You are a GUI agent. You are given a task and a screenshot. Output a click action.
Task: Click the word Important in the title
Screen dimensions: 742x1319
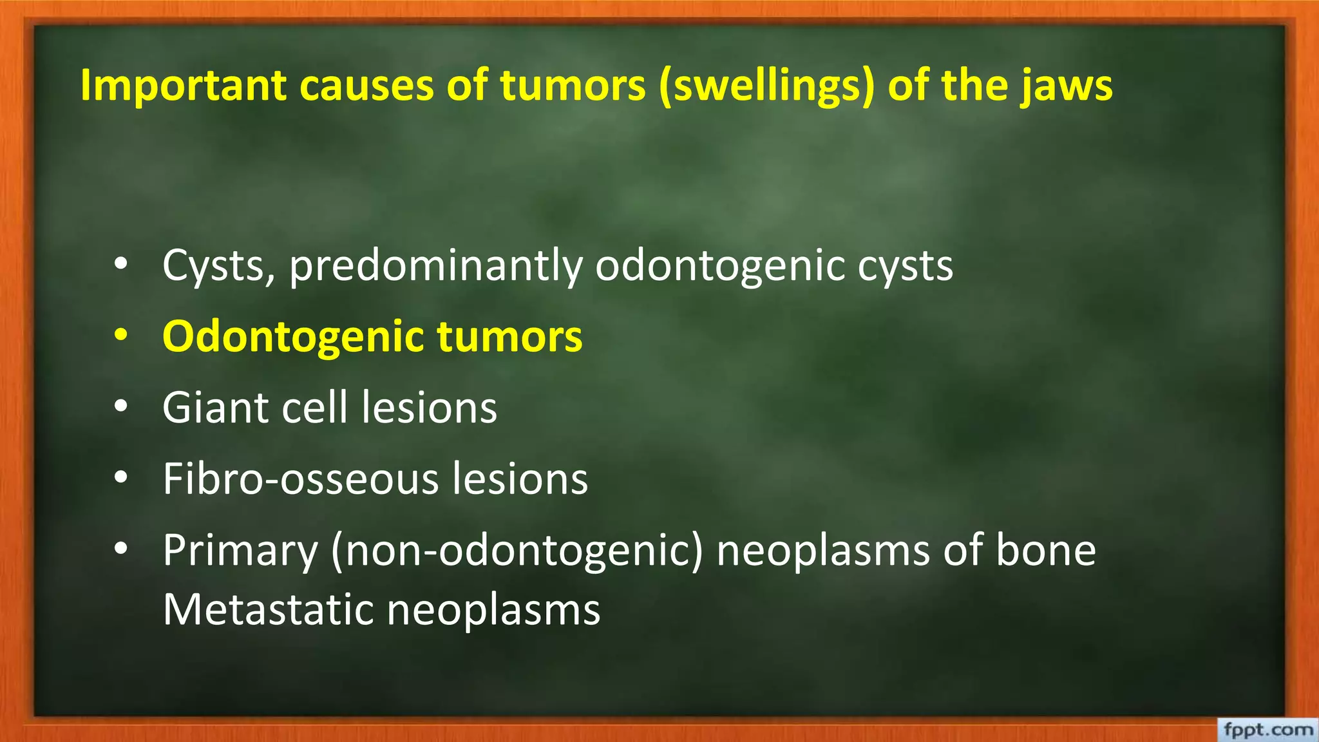[183, 86]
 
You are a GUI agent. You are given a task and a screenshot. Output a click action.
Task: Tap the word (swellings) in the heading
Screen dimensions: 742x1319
[766, 86]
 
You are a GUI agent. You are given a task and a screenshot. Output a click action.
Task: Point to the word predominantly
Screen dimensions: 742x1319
[435, 266]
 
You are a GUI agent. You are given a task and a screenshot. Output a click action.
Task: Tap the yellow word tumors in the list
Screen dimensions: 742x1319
[509, 336]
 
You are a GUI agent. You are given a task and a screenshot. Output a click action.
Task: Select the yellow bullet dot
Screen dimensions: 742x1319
[120, 336]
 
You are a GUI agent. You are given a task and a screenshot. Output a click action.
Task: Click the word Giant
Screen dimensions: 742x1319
[215, 408]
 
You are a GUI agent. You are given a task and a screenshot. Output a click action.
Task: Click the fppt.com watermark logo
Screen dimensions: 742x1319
[1267, 730]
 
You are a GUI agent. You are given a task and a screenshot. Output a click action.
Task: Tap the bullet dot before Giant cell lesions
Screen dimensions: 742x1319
[120, 407]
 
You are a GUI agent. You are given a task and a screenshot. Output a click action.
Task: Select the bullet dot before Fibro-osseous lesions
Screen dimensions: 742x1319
[120, 479]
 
